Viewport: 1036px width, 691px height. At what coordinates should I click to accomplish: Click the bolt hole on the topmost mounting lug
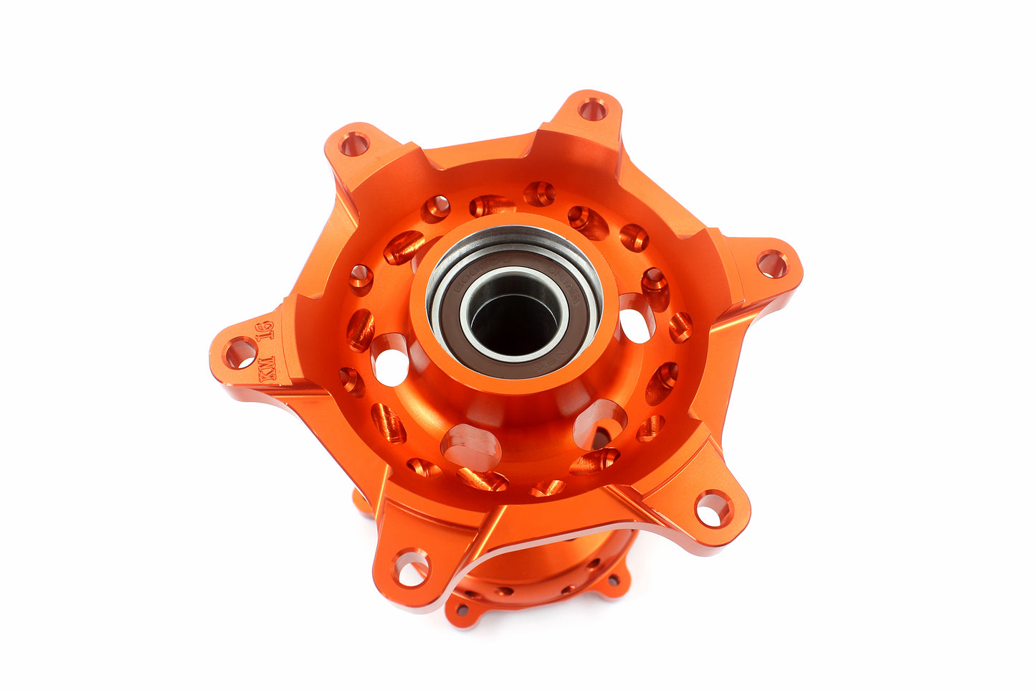click(591, 110)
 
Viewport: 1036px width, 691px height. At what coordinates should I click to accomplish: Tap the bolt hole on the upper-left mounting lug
click(353, 144)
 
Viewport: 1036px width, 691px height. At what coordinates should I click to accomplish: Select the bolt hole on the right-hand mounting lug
click(771, 264)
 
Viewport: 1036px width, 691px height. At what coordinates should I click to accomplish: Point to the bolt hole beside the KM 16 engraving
click(240, 353)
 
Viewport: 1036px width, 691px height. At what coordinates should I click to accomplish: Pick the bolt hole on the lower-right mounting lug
click(713, 509)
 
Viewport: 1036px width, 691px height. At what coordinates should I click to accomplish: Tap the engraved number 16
click(266, 331)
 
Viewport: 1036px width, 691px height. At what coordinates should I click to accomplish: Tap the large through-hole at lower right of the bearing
click(599, 423)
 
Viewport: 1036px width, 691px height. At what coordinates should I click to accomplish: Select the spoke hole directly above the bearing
click(539, 194)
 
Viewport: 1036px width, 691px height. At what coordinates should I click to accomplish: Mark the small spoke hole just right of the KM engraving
click(351, 380)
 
